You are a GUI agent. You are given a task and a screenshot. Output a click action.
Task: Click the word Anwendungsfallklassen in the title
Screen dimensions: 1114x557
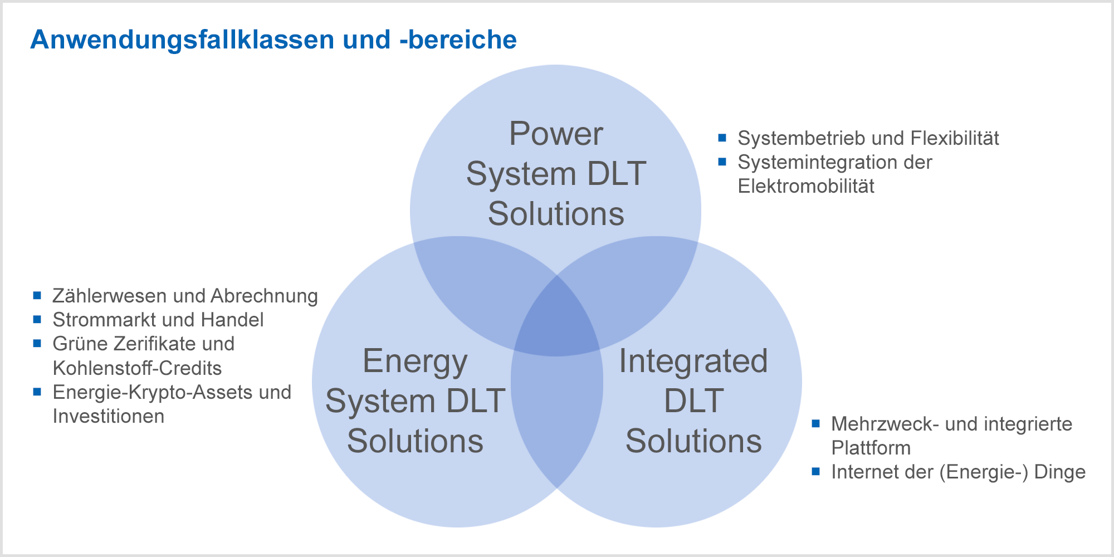[183, 40]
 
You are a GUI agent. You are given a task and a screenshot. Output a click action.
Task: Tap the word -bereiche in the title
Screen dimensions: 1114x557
[458, 39]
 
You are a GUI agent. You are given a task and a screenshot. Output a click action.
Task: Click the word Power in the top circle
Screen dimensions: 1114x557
[556, 134]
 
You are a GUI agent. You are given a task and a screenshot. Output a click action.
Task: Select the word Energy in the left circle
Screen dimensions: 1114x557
[415, 363]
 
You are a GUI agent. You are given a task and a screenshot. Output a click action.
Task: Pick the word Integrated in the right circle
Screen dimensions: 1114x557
[693, 362]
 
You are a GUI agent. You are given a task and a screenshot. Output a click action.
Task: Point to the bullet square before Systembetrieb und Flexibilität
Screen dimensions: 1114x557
[722, 138]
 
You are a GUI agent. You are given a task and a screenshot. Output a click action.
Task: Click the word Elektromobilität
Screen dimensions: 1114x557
[806, 186]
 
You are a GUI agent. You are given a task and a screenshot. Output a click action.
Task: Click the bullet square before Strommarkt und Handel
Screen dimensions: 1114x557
[37, 319]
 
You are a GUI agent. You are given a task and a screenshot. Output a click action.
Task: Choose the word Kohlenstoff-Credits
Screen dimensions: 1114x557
[137, 368]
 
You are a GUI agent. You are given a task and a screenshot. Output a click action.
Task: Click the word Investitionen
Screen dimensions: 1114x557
[109, 417]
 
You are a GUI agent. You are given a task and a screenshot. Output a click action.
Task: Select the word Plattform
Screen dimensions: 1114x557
[871, 448]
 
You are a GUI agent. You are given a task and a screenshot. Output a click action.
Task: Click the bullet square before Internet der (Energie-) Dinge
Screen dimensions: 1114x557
[816, 472]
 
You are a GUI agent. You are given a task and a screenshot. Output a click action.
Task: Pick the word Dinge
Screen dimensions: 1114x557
[1060, 472]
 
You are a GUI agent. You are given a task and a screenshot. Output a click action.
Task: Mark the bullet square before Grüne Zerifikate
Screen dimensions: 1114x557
[37, 344]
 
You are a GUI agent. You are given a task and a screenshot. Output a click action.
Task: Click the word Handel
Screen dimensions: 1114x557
[232, 320]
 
